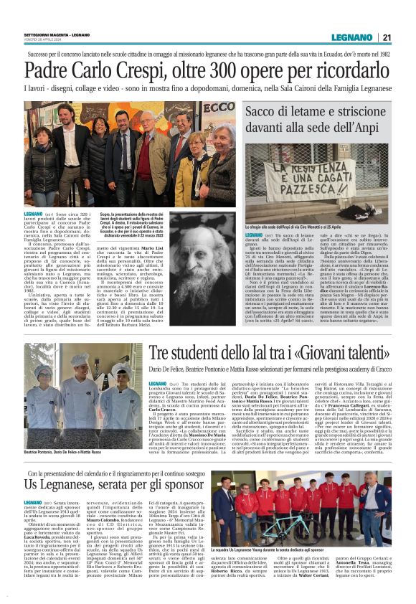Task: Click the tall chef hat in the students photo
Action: (x=80, y=359)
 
